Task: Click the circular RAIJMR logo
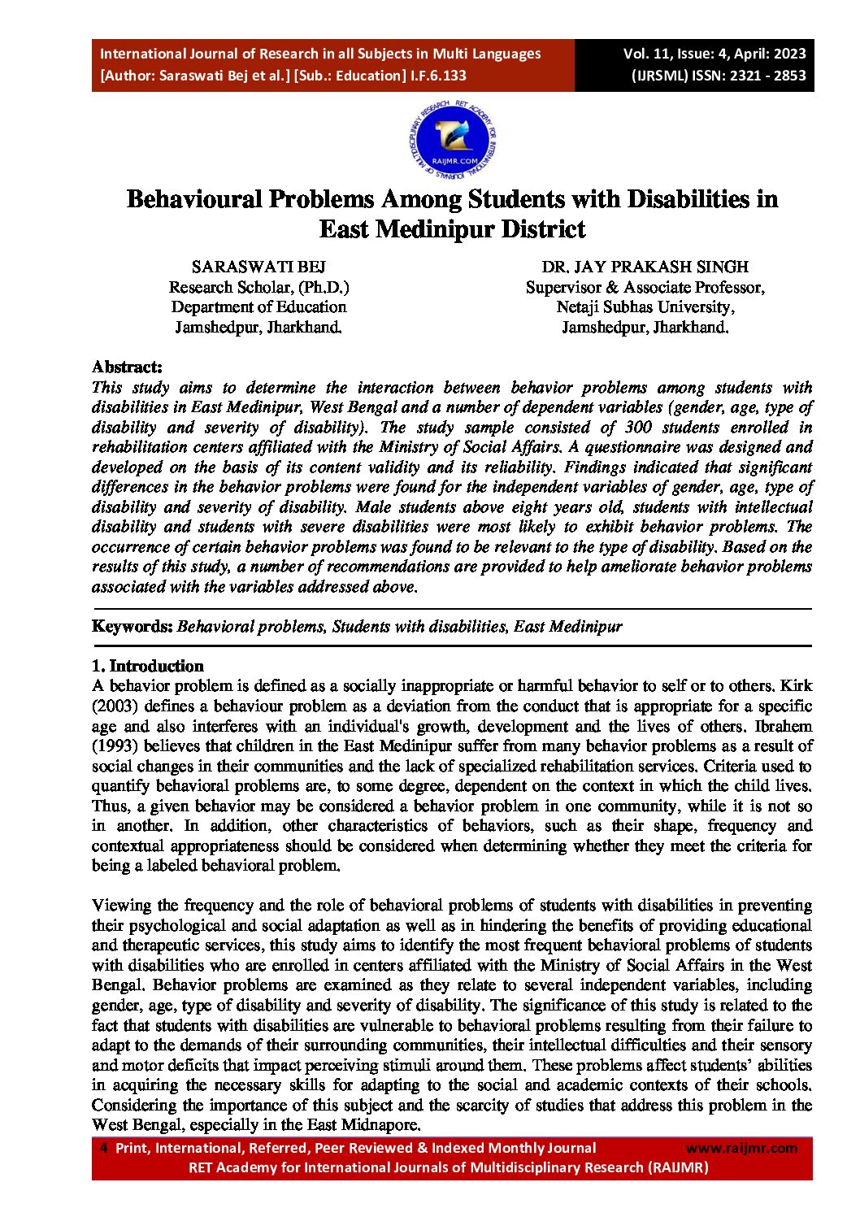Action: [454, 141]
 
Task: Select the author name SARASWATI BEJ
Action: [258, 267]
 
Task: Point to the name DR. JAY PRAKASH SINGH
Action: [645, 267]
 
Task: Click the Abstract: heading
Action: [127, 367]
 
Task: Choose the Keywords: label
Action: [132, 626]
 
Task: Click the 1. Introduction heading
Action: [147, 666]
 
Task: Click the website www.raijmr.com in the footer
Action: [741, 1148]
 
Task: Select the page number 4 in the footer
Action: [103, 1148]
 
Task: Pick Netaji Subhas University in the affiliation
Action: [645, 307]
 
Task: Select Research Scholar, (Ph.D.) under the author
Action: [258, 287]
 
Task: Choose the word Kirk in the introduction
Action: [796, 685]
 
